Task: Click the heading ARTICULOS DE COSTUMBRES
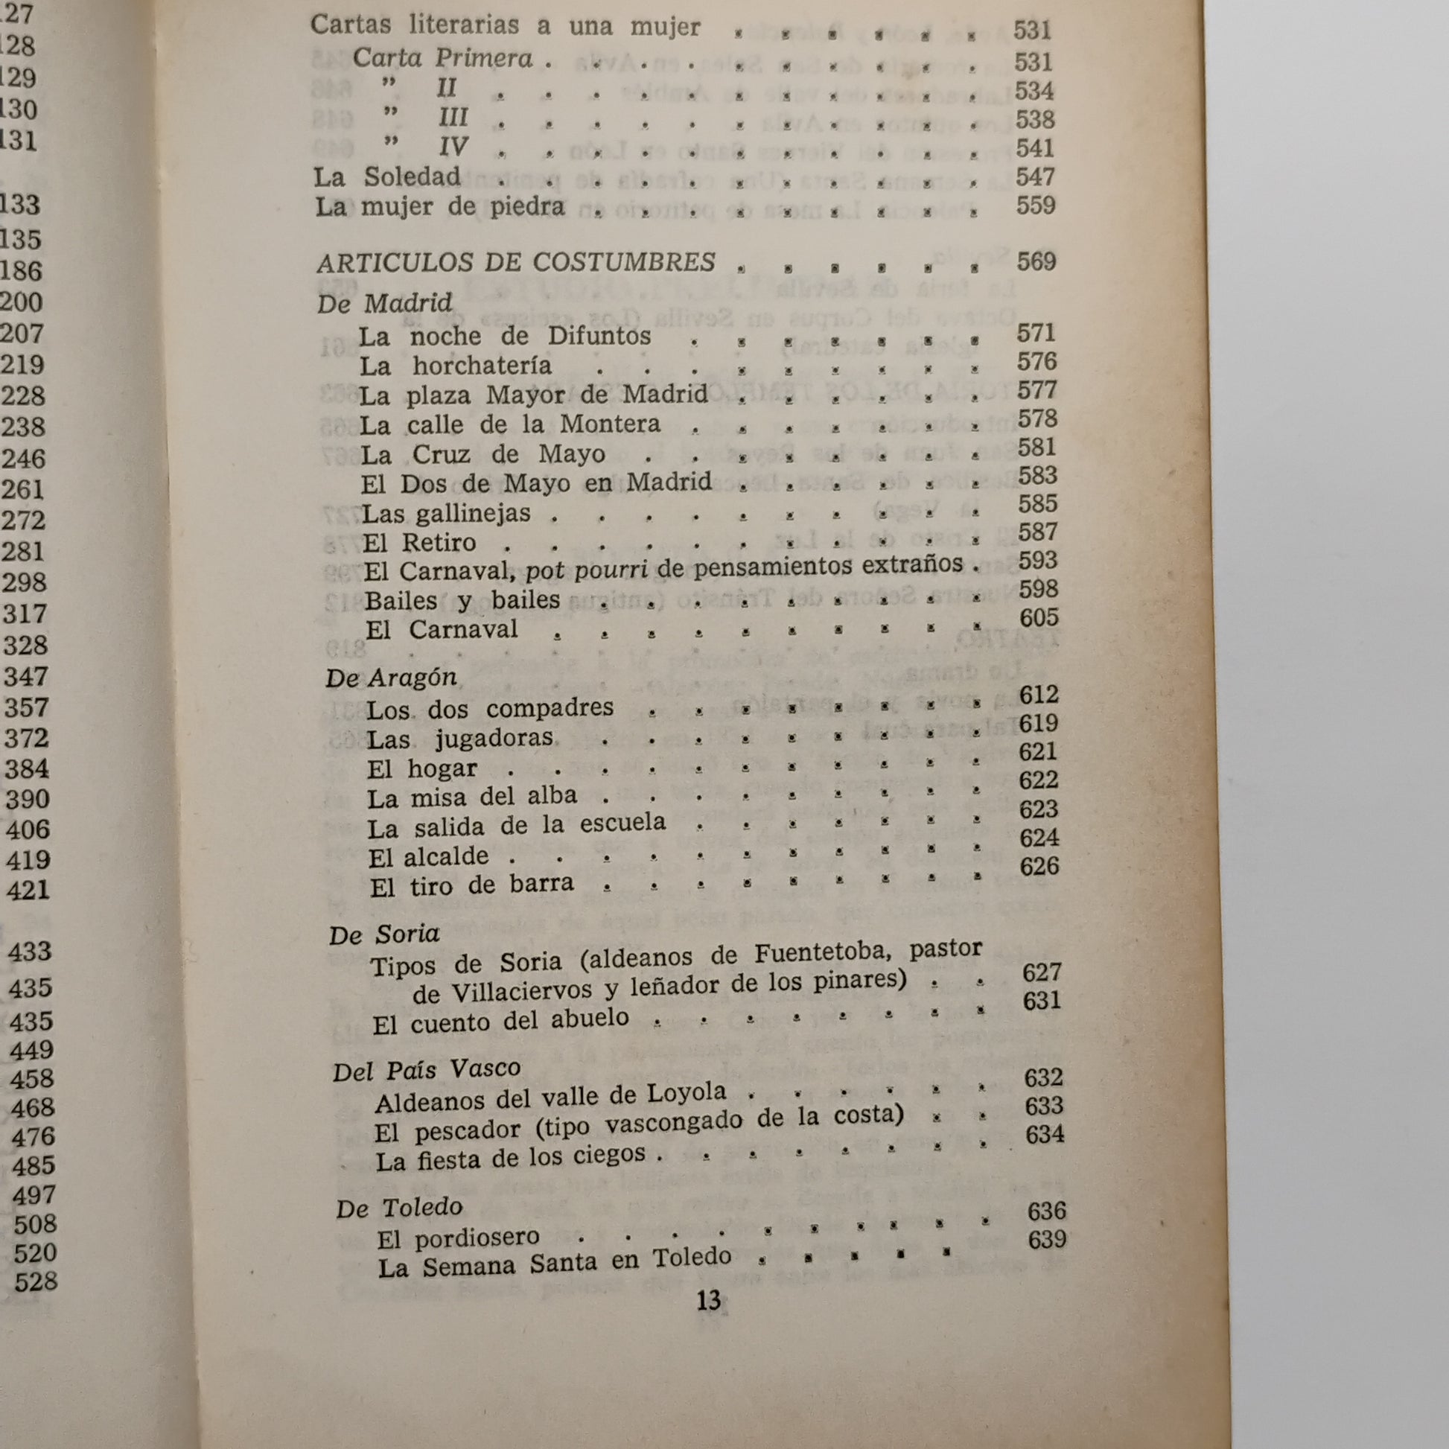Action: point(516,263)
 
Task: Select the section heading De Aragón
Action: point(391,678)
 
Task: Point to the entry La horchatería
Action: point(455,366)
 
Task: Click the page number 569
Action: point(1036,262)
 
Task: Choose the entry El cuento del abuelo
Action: point(501,1021)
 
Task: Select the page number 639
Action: point(1047,1239)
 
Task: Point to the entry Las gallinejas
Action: point(446,514)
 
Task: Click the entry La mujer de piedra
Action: point(439,206)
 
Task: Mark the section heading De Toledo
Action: point(399,1208)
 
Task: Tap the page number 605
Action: point(1039,617)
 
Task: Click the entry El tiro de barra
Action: point(472,886)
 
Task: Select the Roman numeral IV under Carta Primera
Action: point(453,146)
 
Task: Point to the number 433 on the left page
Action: point(29,952)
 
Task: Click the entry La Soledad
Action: point(387,177)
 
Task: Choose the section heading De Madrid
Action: point(385,304)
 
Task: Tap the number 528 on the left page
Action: point(35,1281)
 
